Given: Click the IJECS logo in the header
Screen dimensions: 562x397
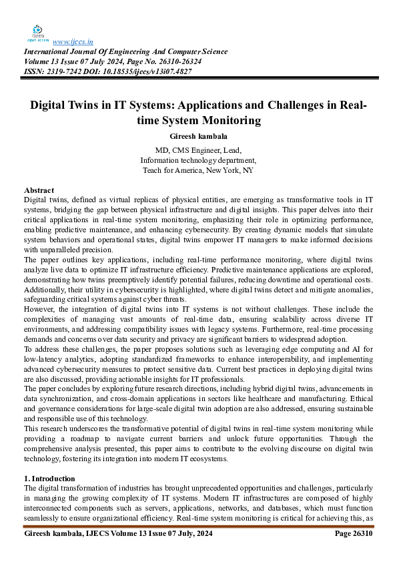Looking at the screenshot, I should [38, 33].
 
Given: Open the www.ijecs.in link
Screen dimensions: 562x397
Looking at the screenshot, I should [72, 41].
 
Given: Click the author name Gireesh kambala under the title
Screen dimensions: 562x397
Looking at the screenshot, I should [198, 136].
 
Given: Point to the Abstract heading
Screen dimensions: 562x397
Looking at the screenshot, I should [39, 191].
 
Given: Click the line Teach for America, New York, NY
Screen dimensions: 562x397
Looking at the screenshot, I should [198, 170].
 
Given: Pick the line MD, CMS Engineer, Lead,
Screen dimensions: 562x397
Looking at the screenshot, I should [198, 150].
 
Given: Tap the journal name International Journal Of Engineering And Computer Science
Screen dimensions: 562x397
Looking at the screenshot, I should [126, 52].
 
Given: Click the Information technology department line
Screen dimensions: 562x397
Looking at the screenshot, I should [198, 160].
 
